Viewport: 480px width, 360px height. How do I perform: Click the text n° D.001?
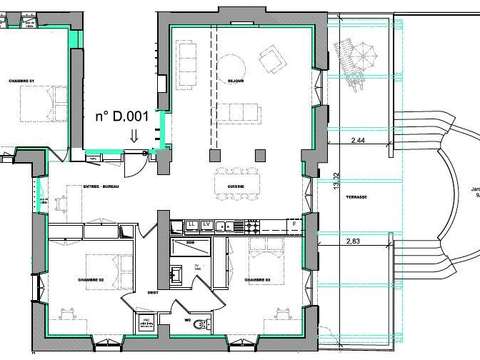pos(122,116)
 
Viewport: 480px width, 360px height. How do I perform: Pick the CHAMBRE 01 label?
pos(22,81)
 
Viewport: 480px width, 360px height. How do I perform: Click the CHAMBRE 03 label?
pos(257,280)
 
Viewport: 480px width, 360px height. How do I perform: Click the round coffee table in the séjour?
pos(229,60)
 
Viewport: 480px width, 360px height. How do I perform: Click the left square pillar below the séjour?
pos(214,154)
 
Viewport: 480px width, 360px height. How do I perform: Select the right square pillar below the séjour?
pos(260,154)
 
